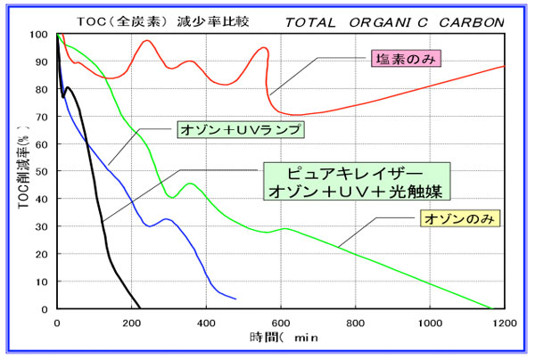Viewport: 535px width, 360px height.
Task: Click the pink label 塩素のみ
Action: [406, 58]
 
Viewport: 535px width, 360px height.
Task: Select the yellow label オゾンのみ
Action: [461, 217]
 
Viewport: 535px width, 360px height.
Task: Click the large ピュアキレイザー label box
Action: [357, 181]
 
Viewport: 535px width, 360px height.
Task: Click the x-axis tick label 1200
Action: [505, 322]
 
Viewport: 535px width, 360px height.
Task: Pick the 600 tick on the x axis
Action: [281, 322]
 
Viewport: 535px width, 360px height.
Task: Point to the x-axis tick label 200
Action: [132, 322]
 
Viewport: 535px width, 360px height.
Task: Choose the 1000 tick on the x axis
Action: [430, 322]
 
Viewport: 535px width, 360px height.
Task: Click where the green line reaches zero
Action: [491, 308]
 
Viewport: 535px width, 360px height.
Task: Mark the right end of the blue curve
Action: [235, 298]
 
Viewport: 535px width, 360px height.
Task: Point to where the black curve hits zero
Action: [141, 308]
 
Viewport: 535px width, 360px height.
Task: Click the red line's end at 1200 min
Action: [505, 67]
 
